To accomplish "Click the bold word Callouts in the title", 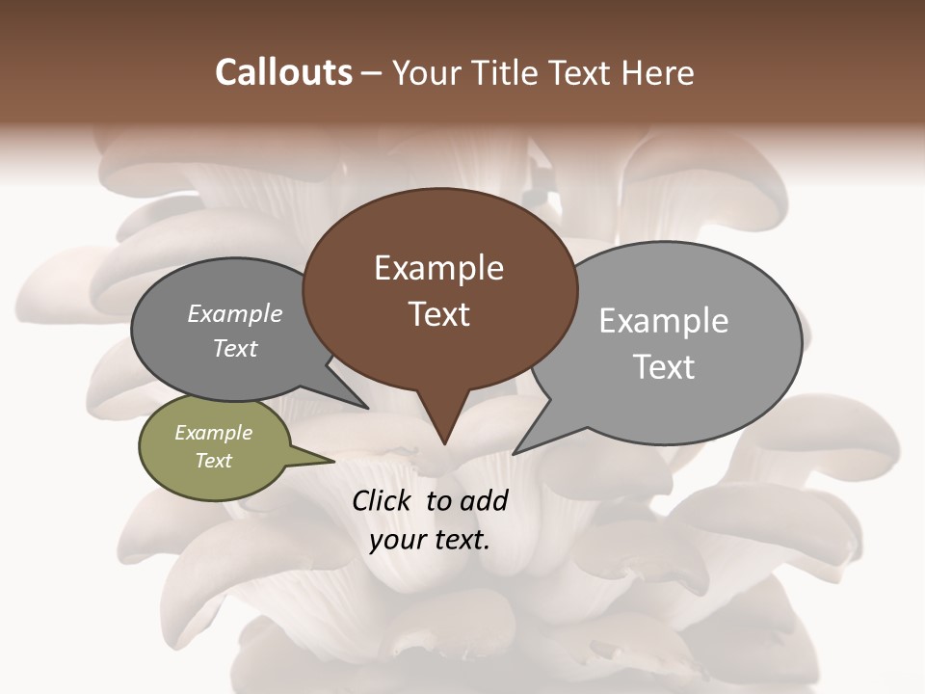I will [283, 72].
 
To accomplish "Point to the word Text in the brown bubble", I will [438, 313].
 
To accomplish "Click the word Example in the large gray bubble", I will [663, 320].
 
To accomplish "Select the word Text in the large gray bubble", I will [663, 366].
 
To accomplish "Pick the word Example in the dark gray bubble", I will [234, 313].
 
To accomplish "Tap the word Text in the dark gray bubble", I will [234, 348].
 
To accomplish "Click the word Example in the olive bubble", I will [213, 433].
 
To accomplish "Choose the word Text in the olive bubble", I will [213, 460].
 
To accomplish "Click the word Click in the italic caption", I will [384, 500].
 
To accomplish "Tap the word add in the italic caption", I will [484, 500].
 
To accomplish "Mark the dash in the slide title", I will [372, 73].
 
